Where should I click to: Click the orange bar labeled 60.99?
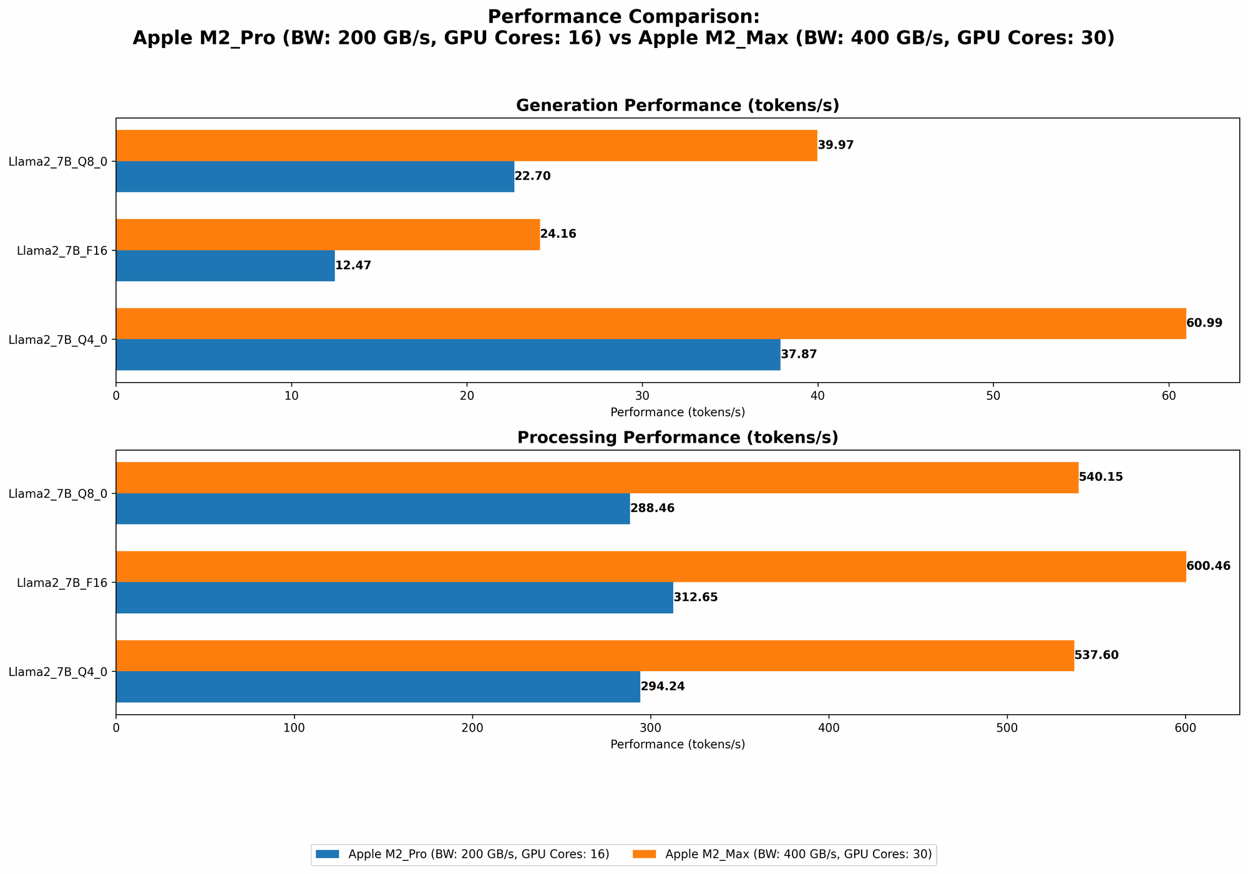(651, 323)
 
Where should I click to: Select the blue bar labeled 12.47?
(225, 266)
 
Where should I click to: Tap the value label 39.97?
(836, 145)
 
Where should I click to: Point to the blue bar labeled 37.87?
(448, 355)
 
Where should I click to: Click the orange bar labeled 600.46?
(651, 567)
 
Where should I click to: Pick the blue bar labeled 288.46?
(373, 509)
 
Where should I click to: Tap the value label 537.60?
(1096, 655)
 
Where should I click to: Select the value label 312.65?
(696, 597)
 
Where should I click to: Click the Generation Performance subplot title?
(677, 106)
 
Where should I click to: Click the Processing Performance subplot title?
(677, 438)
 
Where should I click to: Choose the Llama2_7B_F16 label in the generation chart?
(62, 251)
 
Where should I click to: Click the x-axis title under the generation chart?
(677, 413)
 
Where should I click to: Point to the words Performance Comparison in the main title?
(623, 17)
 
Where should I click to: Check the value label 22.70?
(532, 177)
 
